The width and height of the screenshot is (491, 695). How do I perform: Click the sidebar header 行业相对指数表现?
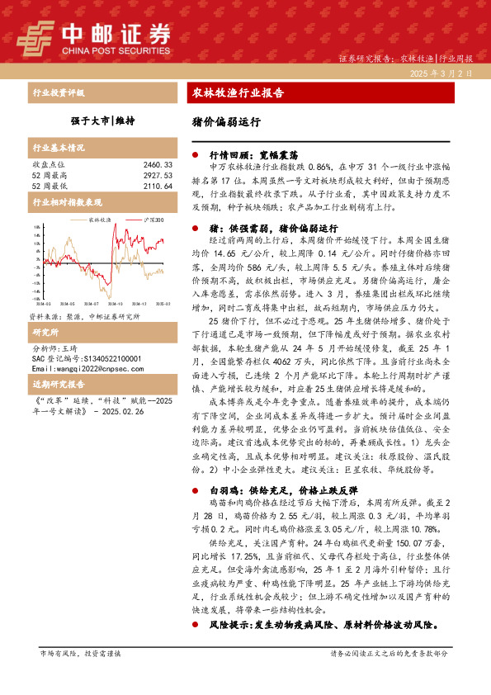(67, 202)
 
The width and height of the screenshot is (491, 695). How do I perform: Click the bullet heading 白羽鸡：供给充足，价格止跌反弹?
(276, 489)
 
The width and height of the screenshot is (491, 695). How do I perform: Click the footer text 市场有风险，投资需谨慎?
(80, 653)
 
